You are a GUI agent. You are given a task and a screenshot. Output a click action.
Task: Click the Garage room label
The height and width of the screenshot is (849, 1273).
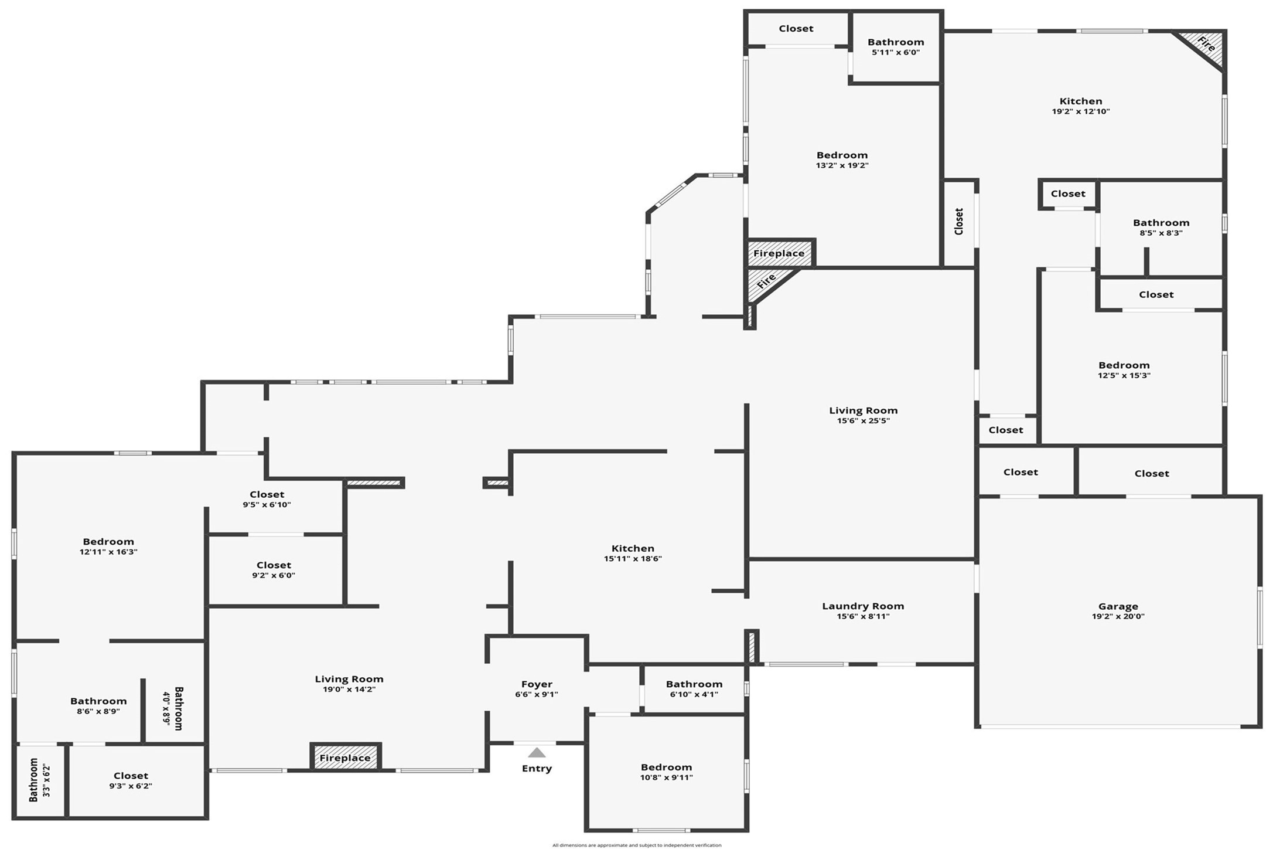coord(1118,606)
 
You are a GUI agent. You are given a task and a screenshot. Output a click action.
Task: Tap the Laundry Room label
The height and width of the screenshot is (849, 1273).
coord(863,606)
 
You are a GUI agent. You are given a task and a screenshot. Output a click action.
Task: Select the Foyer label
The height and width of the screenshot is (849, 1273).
coord(537,684)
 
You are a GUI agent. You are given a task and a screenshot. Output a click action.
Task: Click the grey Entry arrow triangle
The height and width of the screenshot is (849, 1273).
coord(537,753)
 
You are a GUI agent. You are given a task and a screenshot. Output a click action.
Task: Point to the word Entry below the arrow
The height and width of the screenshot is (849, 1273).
coord(537,768)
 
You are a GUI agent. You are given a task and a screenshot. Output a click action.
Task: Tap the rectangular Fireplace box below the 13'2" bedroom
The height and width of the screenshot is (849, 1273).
coord(779,253)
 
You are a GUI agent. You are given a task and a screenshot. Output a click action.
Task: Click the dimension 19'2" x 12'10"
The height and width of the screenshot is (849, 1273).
coord(1081,111)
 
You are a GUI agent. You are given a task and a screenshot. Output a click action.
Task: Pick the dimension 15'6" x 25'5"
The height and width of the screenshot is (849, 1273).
coord(863,420)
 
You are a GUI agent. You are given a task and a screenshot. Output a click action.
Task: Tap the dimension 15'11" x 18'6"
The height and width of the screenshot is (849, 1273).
coord(633,559)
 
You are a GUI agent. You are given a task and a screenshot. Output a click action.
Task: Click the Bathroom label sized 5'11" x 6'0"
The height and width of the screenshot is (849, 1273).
coord(896,42)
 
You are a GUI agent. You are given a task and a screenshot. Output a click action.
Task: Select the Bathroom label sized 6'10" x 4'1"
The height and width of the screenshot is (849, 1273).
coord(694,684)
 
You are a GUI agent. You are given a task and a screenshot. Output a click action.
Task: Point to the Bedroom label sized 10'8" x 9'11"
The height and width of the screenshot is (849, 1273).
coord(666,768)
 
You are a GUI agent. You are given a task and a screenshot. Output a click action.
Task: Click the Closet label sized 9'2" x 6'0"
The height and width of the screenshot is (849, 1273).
coord(274,565)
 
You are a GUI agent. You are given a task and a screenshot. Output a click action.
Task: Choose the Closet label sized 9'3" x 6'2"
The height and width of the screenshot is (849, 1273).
coord(131,776)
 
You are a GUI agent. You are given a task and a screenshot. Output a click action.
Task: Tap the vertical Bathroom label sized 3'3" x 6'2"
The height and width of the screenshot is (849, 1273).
coord(34,780)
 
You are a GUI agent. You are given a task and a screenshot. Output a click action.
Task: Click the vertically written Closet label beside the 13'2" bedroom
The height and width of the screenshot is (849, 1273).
coord(959,221)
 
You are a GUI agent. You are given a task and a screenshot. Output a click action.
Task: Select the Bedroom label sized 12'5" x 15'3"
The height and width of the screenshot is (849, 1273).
coord(1124,365)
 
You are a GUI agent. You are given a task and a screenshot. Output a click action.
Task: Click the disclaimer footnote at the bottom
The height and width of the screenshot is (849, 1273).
coord(637,845)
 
